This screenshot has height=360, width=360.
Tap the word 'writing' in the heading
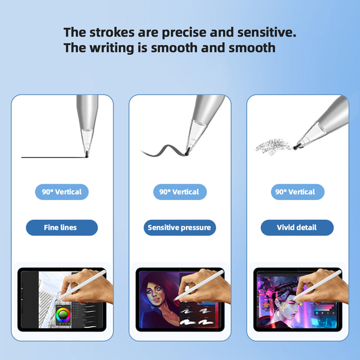coord(111,48)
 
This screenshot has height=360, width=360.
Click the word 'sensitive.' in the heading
coord(266,32)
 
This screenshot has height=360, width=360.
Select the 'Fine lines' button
coord(62,227)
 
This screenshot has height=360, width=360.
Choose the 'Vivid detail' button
coord(297,227)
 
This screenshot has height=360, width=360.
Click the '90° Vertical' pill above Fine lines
coord(62,192)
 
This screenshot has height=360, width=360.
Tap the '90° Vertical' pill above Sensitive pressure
coord(180,192)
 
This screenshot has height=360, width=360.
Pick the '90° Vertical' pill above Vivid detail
coord(297,192)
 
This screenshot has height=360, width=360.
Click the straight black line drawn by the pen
coord(54,157)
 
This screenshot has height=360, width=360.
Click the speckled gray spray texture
coord(273,147)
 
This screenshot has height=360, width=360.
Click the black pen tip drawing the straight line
coord(87,155)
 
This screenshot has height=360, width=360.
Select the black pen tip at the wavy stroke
coord(187,152)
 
